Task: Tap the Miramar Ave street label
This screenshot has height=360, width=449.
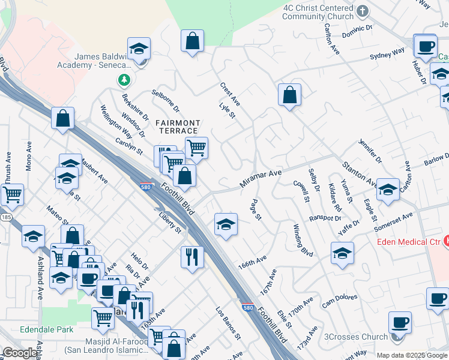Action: pyautogui.click(x=261, y=178)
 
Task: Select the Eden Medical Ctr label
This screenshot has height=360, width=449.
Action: pyautogui.click(x=410, y=242)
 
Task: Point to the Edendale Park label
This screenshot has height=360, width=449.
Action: pyautogui.click(x=46, y=329)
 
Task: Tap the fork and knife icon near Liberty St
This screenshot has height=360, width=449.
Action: pyautogui.click(x=191, y=257)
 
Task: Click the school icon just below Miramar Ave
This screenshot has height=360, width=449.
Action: pyautogui.click(x=225, y=224)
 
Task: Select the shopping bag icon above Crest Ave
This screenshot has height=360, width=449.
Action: pyautogui.click(x=193, y=41)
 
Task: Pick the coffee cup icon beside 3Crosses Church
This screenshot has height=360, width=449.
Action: pyautogui.click(x=399, y=323)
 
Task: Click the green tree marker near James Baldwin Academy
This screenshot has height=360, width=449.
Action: pyautogui.click(x=124, y=80)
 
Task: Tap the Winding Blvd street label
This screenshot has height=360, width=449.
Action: pyautogui.click(x=303, y=241)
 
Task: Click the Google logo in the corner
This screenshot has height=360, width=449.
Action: pyautogui.click(x=20, y=353)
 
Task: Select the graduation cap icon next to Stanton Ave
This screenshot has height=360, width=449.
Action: pyautogui.click(x=388, y=190)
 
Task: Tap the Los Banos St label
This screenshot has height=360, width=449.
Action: pyautogui.click(x=228, y=322)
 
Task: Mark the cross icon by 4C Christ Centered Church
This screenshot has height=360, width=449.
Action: pyautogui.click(x=362, y=11)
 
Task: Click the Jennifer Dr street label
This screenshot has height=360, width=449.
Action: pyautogui.click(x=370, y=152)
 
